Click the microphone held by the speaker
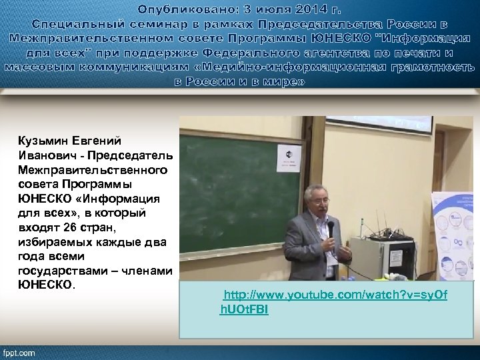coord(330,229)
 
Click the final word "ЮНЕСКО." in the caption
coord(48,284)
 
